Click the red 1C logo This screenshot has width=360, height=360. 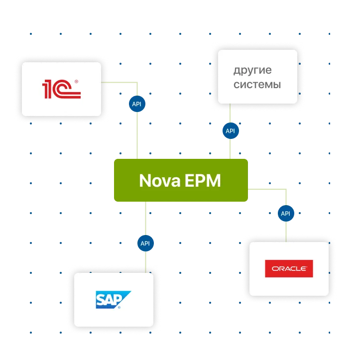click(61, 89)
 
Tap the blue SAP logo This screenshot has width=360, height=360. click(113, 299)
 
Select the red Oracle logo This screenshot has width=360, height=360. click(289, 269)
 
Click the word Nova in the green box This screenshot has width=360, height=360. click(159, 180)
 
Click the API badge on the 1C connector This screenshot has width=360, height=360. click(136, 104)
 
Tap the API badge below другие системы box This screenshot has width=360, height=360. click(230, 131)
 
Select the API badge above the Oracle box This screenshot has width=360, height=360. click(285, 214)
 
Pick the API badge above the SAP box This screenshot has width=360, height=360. click(145, 243)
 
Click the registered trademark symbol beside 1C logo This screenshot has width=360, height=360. click(76, 82)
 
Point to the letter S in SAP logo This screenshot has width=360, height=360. click(102, 299)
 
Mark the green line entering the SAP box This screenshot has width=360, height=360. click(145, 263)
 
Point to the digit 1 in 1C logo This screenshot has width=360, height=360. click(47, 89)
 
